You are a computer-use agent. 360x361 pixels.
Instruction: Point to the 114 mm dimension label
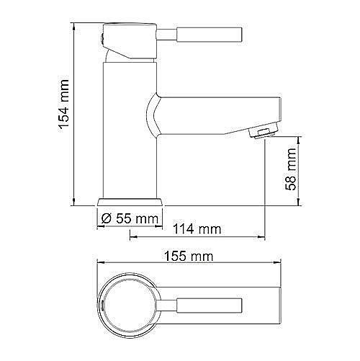click(x=196, y=230)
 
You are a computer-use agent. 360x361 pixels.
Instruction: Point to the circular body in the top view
click(x=130, y=302)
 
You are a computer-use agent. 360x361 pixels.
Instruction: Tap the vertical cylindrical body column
click(x=130, y=130)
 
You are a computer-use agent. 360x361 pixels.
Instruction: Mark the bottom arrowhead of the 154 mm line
click(x=76, y=202)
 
